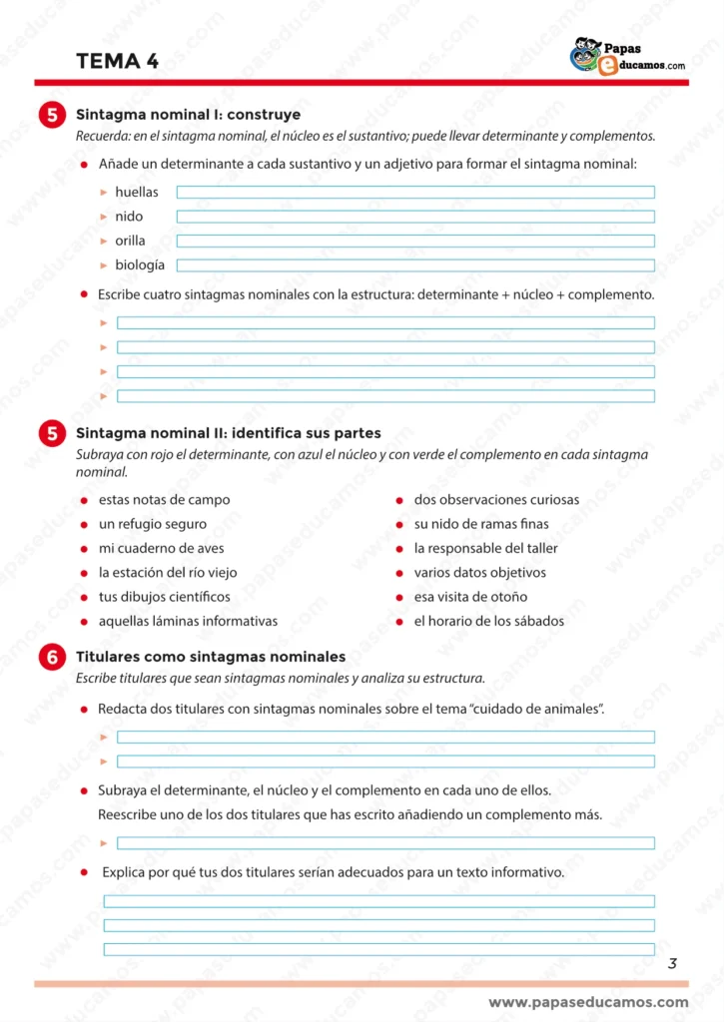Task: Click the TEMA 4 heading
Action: click(x=117, y=61)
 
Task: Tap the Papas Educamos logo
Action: click(x=627, y=57)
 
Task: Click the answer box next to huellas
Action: click(x=415, y=192)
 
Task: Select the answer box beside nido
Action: click(x=415, y=217)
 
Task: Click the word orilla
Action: click(x=130, y=241)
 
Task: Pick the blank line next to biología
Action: click(x=415, y=265)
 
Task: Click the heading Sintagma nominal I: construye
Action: click(x=188, y=115)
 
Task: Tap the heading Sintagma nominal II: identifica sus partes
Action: click(x=228, y=433)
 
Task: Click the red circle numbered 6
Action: click(x=51, y=657)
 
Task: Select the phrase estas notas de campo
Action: click(x=164, y=499)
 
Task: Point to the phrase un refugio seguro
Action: click(x=153, y=524)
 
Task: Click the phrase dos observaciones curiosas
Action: click(x=496, y=499)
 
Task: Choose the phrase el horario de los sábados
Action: click(x=488, y=621)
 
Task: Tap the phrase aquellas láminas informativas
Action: click(x=188, y=621)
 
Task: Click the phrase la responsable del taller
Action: click(x=485, y=548)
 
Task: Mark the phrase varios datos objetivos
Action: click(x=479, y=573)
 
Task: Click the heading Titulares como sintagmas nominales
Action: click(x=211, y=657)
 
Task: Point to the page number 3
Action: click(x=672, y=963)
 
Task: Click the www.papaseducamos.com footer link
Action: click(x=588, y=1002)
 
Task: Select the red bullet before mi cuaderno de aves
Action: click(x=85, y=548)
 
